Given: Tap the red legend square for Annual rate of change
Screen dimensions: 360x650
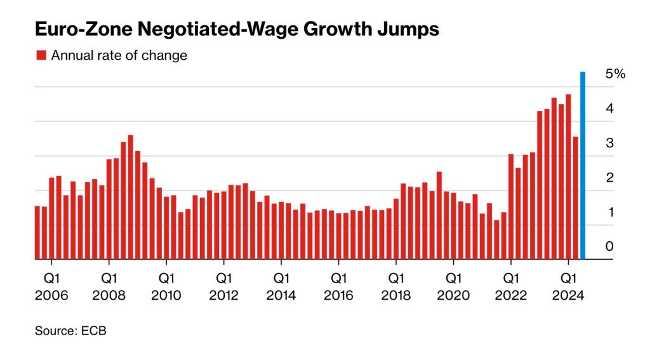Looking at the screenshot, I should tap(41, 55).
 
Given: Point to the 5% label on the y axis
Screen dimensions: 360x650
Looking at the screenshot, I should tap(615, 74).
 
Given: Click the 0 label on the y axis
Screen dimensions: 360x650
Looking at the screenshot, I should tap(609, 246).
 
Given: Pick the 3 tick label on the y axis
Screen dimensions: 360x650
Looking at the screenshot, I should tap(609, 143).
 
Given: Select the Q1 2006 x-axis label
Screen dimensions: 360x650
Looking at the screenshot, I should tap(51, 286).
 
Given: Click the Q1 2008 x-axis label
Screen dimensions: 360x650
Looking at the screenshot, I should tap(109, 286).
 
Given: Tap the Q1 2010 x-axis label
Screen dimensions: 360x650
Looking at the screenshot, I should tap(166, 286).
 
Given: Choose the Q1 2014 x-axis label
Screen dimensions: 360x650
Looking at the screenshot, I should tap(281, 286).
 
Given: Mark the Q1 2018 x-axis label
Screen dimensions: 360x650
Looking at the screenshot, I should tap(395, 286).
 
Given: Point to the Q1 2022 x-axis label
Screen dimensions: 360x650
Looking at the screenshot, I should tap(510, 286).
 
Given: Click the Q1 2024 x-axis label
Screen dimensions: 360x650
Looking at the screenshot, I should tap(568, 286).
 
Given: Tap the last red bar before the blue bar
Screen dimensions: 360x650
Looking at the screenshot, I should tap(575, 198).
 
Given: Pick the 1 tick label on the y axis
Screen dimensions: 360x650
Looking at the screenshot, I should tap(609, 212).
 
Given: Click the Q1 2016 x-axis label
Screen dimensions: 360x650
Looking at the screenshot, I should tap(338, 286).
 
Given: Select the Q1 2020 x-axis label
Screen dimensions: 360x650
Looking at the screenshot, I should tap(453, 286).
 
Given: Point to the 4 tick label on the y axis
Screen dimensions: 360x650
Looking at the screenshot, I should tap(609, 109).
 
